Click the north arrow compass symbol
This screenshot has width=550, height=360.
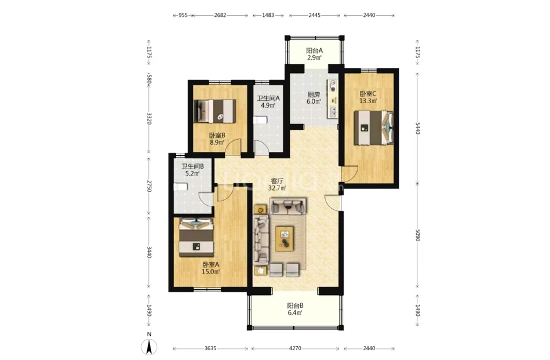click(x=149, y=347)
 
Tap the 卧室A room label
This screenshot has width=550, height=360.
click(x=211, y=264)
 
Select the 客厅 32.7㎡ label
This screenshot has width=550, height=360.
click(x=277, y=184)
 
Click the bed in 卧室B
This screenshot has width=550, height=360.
click(x=214, y=111)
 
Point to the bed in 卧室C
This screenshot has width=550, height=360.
click(x=373, y=128)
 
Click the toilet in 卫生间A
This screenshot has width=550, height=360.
click(x=260, y=120)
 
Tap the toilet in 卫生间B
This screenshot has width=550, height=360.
click(x=181, y=187)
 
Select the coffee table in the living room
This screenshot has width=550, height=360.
click(x=285, y=239)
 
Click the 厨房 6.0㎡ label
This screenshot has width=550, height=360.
click(x=314, y=98)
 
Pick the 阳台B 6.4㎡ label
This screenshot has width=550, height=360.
click(x=296, y=309)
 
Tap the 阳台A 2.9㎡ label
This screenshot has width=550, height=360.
click(x=314, y=54)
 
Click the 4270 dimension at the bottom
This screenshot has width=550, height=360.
click(x=295, y=348)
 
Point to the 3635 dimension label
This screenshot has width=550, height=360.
click(x=210, y=348)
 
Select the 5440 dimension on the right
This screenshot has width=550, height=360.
click(x=417, y=128)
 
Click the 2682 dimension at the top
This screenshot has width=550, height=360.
click(x=220, y=15)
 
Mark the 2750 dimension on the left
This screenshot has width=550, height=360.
click(x=149, y=186)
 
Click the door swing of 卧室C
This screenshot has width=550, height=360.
click(x=349, y=174)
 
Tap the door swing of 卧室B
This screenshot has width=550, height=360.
click(x=232, y=147)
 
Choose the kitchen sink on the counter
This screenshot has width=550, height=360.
click(x=332, y=112)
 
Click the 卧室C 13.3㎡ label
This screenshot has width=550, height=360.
click(x=368, y=97)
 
